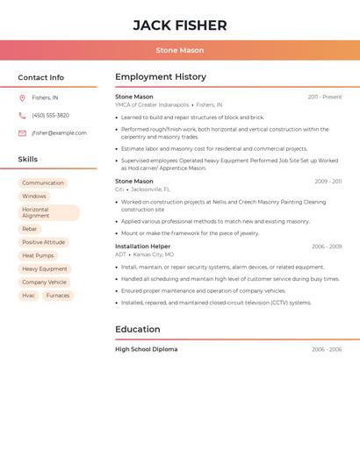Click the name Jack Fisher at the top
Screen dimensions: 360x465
point(179,25)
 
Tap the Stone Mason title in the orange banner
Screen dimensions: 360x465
point(179,50)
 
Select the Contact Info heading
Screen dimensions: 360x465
point(40,77)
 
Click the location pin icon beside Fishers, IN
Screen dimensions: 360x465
point(22,97)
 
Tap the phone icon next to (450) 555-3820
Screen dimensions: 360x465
point(22,115)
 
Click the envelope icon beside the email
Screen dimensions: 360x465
point(22,133)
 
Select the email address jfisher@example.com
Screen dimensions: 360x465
point(59,133)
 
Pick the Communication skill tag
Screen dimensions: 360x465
point(43,183)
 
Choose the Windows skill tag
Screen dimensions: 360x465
point(34,197)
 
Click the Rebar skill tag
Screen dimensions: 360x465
point(30,229)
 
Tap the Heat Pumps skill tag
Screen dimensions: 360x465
point(38,255)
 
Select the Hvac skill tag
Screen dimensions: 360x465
point(29,296)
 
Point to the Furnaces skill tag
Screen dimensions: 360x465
point(58,296)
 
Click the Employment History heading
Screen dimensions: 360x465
point(160,77)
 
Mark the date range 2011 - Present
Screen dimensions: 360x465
point(324,97)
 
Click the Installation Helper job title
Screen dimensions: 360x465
point(142,247)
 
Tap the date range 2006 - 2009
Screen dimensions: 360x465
point(326,247)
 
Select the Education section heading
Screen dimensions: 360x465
point(137,329)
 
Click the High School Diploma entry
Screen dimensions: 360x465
point(146,349)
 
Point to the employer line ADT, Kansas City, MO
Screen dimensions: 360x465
point(145,254)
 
